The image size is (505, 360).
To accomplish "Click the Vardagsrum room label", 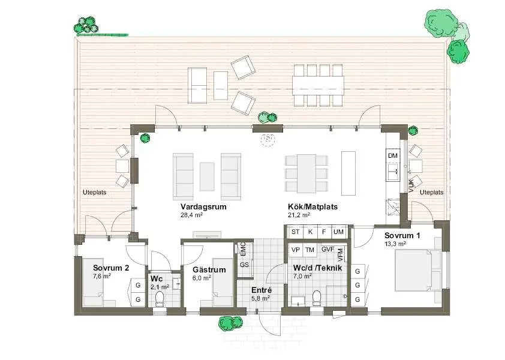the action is [x=203, y=206].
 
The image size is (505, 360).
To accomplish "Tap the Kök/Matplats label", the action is [x=312, y=206].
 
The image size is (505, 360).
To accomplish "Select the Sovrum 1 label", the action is [x=402, y=236].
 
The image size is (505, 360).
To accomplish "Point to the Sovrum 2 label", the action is [x=111, y=268].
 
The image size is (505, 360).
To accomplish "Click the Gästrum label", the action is [x=209, y=270].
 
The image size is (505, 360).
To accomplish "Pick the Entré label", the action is [x=261, y=290].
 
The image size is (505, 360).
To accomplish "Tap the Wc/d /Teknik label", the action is [x=317, y=268].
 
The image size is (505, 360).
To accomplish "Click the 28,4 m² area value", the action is [x=191, y=215].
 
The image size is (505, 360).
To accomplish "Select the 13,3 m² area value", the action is [x=395, y=244].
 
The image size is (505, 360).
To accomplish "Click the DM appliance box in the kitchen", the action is [x=393, y=155].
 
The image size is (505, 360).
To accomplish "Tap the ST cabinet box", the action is [x=295, y=232].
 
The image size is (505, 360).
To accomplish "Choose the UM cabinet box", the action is [x=338, y=232].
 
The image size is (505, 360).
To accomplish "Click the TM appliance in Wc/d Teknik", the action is [x=309, y=250].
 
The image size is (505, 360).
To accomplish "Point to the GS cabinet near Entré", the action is [x=245, y=265].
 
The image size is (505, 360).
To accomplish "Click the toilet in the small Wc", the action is [x=160, y=298].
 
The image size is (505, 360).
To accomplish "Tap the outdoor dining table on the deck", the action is [x=318, y=86].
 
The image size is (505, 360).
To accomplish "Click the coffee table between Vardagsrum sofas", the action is [x=207, y=176].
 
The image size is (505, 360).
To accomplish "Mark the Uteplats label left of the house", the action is [x=94, y=192].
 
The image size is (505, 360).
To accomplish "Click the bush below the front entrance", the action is [x=230, y=323].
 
